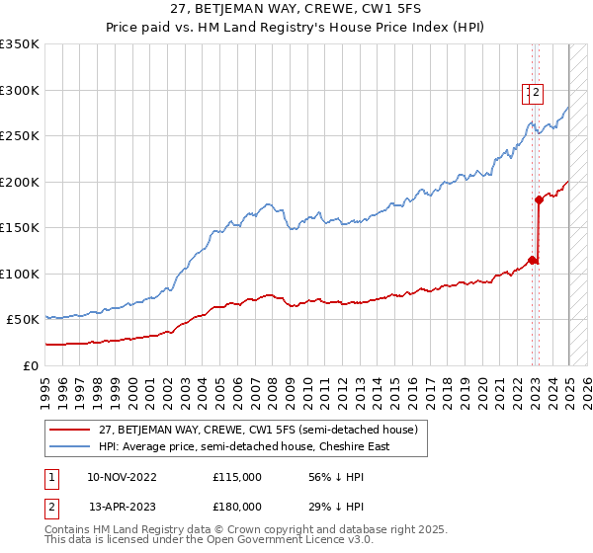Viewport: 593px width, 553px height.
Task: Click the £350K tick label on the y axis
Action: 20,44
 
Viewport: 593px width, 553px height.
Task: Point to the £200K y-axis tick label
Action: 20,182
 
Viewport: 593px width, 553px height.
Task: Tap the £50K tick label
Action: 23,320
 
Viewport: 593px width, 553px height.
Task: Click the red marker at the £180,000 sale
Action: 539,199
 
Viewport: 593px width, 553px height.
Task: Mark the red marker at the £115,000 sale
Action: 532,260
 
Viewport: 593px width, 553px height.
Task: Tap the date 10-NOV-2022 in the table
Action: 123,477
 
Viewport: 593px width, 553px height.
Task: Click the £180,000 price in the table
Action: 237,507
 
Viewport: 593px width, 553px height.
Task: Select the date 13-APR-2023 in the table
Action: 123,507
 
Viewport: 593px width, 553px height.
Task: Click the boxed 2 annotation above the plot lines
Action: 535,94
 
